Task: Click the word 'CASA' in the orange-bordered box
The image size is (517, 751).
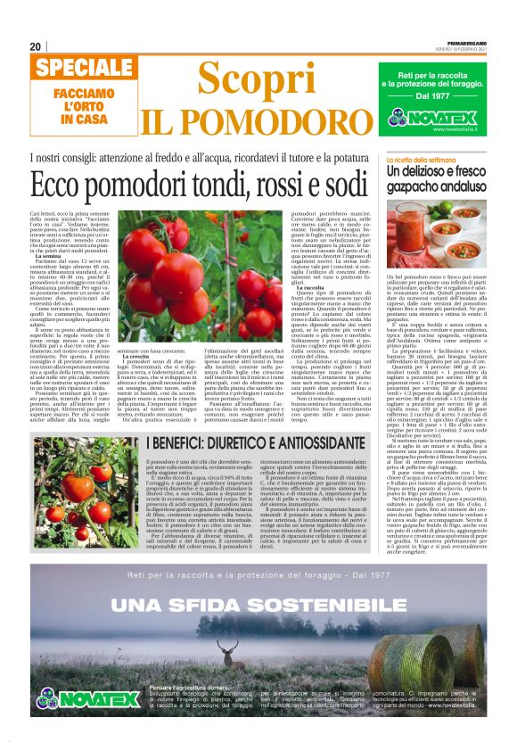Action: pos(76,118)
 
